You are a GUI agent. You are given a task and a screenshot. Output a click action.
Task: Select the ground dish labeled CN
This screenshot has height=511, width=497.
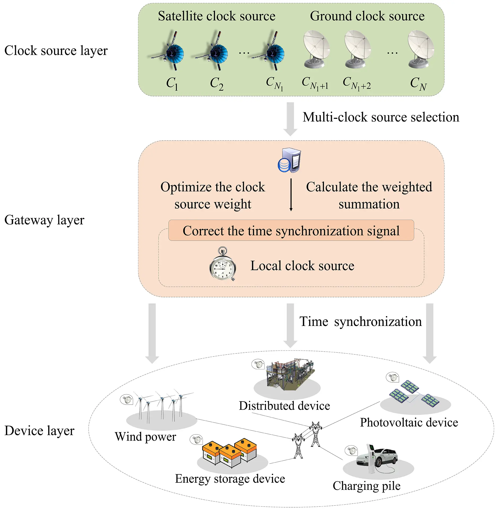click(x=420, y=49)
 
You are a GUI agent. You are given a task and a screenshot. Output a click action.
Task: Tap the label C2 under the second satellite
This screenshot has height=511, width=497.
click(x=217, y=83)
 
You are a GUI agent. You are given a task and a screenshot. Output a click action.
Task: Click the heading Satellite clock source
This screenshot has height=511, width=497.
click(x=217, y=16)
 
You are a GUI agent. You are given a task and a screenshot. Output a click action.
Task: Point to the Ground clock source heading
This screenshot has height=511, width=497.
click(x=367, y=16)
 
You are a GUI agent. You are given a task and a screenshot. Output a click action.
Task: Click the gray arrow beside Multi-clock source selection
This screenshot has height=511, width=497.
click(x=290, y=119)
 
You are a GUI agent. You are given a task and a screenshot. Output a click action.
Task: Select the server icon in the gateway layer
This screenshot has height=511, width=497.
click(x=290, y=160)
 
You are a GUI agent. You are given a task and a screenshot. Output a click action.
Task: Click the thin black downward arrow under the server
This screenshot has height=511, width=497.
click(x=291, y=195)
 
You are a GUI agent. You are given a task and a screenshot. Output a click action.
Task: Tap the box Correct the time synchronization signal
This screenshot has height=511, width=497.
click(x=291, y=231)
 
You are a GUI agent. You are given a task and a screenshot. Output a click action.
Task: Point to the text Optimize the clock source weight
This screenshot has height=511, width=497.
click(x=213, y=195)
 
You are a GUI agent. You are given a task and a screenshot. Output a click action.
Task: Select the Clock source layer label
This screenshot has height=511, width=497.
click(x=56, y=51)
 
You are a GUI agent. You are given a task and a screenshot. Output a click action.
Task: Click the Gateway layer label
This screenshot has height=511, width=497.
click(x=44, y=220)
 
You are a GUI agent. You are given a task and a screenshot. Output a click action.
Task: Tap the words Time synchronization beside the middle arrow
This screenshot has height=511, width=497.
click(x=360, y=322)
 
